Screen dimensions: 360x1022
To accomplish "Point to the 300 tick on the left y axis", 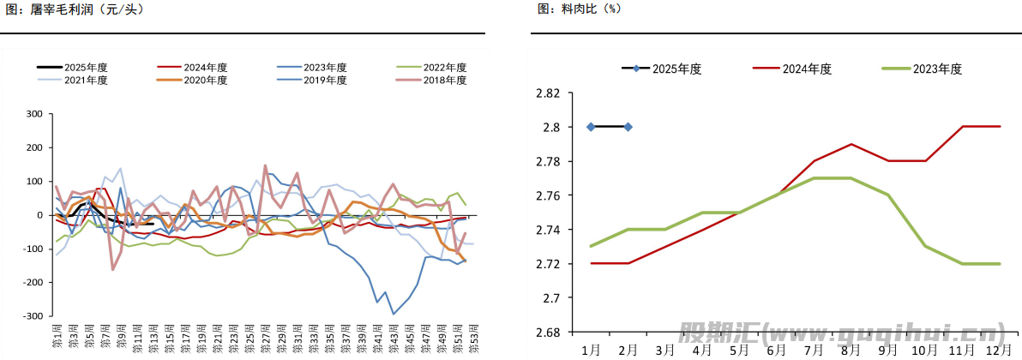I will pyautogui.click(x=35, y=114).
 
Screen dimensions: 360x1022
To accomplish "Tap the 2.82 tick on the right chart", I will pyautogui.click(x=548, y=93).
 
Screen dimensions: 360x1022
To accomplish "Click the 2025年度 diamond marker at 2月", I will pyautogui.click(x=628, y=127).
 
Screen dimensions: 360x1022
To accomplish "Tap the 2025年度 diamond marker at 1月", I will pyautogui.click(x=591, y=127).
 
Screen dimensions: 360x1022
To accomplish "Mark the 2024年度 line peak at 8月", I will pyautogui.click(x=851, y=144).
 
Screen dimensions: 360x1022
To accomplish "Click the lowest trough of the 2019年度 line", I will pyautogui.click(x=394, y=314).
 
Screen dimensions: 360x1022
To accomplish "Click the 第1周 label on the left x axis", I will pyautogui.click(x=57, y=335).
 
